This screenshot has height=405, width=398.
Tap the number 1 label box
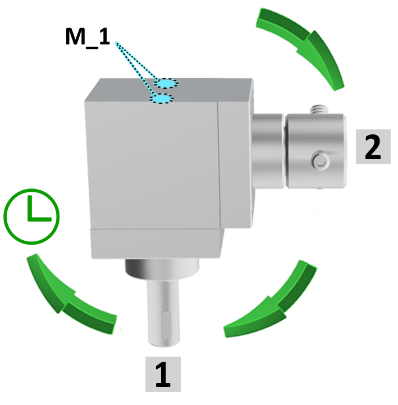(x=163, y=374)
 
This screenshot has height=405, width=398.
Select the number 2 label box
(x=373, y=147)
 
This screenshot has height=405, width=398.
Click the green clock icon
(x=31, y=217)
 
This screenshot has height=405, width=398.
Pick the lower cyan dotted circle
(x=162, y=98)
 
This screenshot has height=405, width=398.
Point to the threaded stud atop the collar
(x=319, y=109)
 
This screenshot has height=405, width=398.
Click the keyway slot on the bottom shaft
(x=166, y=325)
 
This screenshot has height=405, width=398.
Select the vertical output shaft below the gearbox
(x=163, y=313)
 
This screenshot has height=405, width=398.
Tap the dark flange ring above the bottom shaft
(x=162, y=269)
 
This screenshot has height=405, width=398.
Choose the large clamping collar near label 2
(x=316, y=151)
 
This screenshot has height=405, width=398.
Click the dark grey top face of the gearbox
(x=167, y=90)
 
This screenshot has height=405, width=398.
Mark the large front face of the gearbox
(x=152, y=165)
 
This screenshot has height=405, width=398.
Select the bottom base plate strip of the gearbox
(x=157, y=244)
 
